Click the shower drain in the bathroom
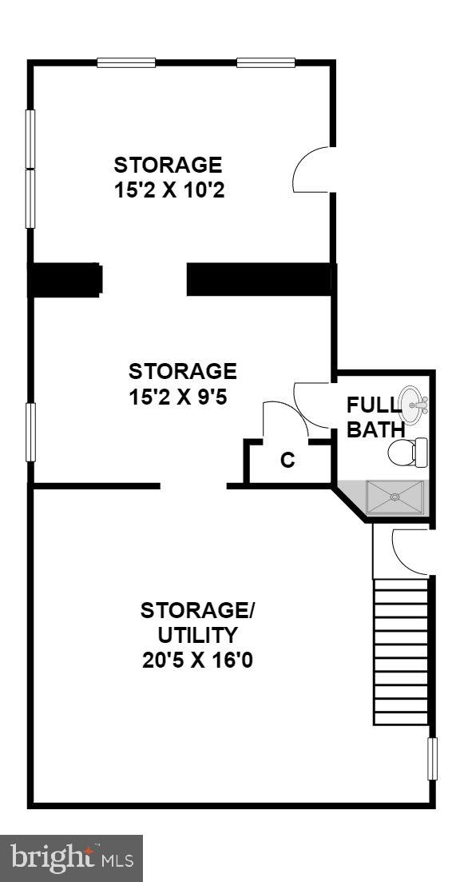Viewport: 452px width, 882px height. [x=394, y=496]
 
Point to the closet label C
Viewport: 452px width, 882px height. [x=287, y=461]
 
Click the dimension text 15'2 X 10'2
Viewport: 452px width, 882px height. [x=168, y=191]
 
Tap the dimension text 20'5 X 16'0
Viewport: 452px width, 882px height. [x=197, y=661]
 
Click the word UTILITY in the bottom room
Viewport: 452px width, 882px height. [x=197, y=636]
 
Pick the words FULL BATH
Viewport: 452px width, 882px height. [x=375, y=417]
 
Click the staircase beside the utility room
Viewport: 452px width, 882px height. [x=402, y=652]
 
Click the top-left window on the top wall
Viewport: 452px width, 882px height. [x=126, y=62]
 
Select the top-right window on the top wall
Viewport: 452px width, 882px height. [x=265, y=62]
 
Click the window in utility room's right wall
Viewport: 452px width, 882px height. [x=432, y=759]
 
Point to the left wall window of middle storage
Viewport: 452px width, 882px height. [x=31, y=432]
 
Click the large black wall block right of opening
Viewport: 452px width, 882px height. [x=259, y=280]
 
